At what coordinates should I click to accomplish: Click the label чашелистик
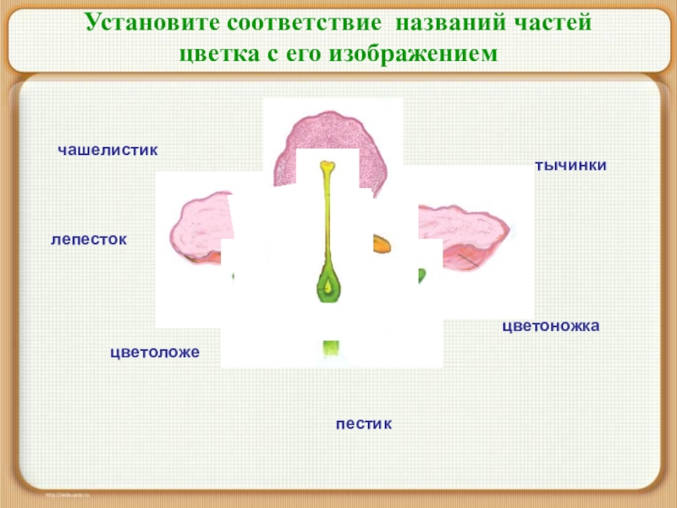(x=107, y=150)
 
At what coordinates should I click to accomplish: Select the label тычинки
(x=570, y=165)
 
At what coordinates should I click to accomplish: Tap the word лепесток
(x=89, y=240)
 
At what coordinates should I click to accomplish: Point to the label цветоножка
(x=551, y=325)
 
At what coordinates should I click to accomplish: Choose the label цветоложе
(x=155, y=351)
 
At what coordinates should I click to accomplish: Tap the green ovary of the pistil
(x=327, y=284)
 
